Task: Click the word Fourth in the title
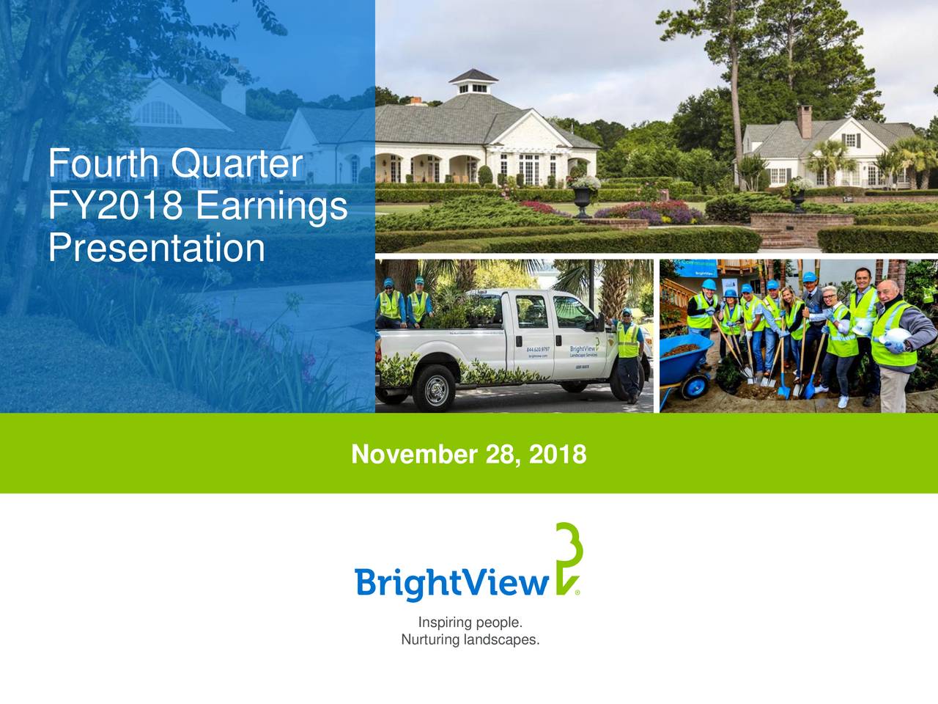105,164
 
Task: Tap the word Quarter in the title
236,164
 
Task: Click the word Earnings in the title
272,206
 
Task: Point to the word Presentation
157,248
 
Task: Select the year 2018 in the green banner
557,455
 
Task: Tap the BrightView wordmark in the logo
451,584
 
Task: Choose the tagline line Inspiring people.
470,623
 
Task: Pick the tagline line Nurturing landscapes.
470,640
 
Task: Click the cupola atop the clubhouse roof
473,82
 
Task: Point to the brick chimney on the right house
805,121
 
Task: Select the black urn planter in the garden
583,198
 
